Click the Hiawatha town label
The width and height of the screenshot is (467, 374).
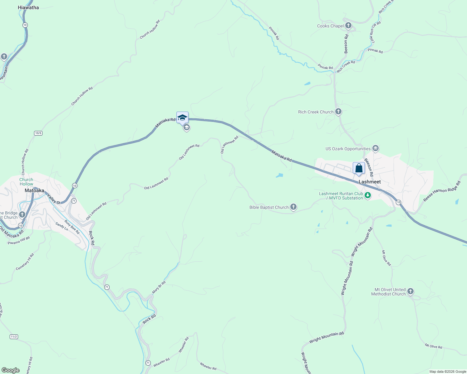click(x=28, y=7)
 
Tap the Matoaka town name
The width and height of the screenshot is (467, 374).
click(x=34, y=190)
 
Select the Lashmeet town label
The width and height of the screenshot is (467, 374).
click(x=370, y=182)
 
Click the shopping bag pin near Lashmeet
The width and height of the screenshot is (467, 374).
click(x=359, y=168)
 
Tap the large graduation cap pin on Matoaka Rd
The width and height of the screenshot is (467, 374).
click(x=182, y=117)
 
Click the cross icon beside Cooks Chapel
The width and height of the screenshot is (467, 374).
click(x=348, y=26)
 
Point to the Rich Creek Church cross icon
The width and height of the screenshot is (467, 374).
click(x=338, y=112)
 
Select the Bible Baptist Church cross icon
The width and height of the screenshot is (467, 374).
click(x=293, y=207)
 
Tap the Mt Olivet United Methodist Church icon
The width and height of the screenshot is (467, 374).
click(x=410, y=291)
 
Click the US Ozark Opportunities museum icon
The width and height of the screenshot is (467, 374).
click(x=376, y=148)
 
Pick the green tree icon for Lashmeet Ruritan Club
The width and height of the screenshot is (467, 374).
click(x=368, y=196)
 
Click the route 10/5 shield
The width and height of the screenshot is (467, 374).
click(x=38, y=133)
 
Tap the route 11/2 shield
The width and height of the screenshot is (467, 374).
click(x=14, y=337)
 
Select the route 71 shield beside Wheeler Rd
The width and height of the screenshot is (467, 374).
click(x=148, y=363)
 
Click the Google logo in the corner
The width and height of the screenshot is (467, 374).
click(x=10, y=370)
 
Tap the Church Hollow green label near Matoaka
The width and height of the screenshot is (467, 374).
click(x=26, y=182)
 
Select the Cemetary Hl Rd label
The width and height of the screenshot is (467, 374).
click(x=25, y=262)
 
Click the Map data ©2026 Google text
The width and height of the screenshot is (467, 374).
click(x=447, y=372)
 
